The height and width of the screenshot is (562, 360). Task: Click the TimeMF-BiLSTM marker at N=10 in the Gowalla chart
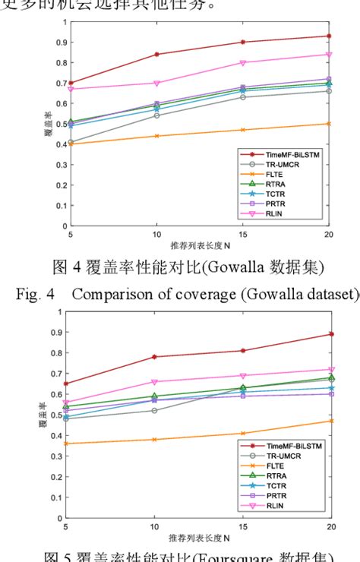tap(156, 54)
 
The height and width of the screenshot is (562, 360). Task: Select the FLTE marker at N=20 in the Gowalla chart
tap(329, 123)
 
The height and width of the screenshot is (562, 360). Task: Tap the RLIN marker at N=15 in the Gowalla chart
tap(242, 62)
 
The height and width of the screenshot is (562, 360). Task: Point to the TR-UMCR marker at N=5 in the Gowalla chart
tap(71, 142)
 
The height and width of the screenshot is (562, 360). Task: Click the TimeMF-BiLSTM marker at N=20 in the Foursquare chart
tap(329, 334)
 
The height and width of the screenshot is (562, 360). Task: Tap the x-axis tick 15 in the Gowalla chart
tap(242, 235)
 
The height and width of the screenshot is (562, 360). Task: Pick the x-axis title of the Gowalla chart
tap(200, 246)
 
